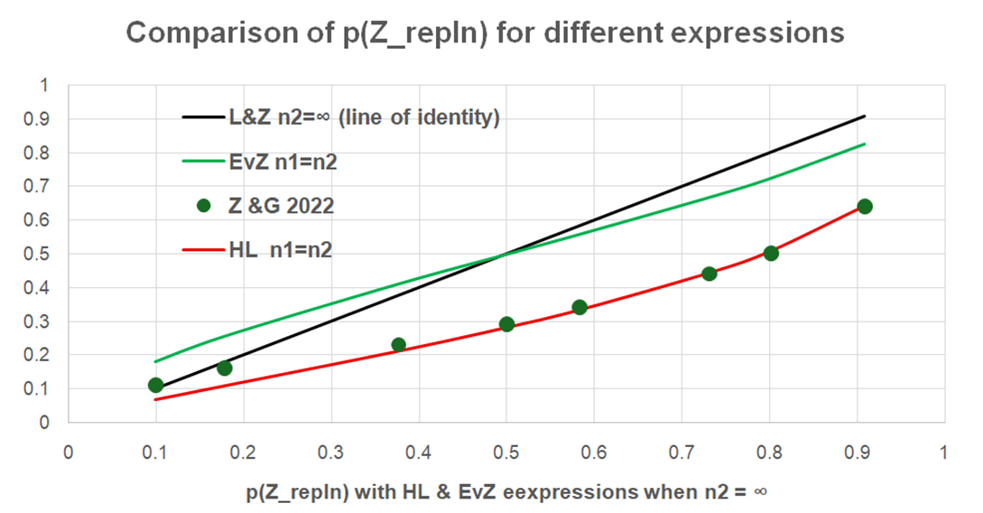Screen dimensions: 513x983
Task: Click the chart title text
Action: click(485, 33)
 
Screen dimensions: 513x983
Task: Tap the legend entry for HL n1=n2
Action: click(283, 250)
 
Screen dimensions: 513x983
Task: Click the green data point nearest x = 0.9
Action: click(864, 207)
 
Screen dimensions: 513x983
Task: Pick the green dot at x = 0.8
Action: click(770, 253)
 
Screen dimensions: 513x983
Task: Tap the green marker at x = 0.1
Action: click(155, 385)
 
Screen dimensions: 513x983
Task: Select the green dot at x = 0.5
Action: click(506, 324)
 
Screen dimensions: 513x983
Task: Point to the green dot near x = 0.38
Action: click(398, 344)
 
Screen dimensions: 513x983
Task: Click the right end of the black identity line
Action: click(865, 116)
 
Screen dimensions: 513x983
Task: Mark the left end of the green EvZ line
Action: click(155, 362)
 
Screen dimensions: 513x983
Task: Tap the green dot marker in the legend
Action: click(204, 206)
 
